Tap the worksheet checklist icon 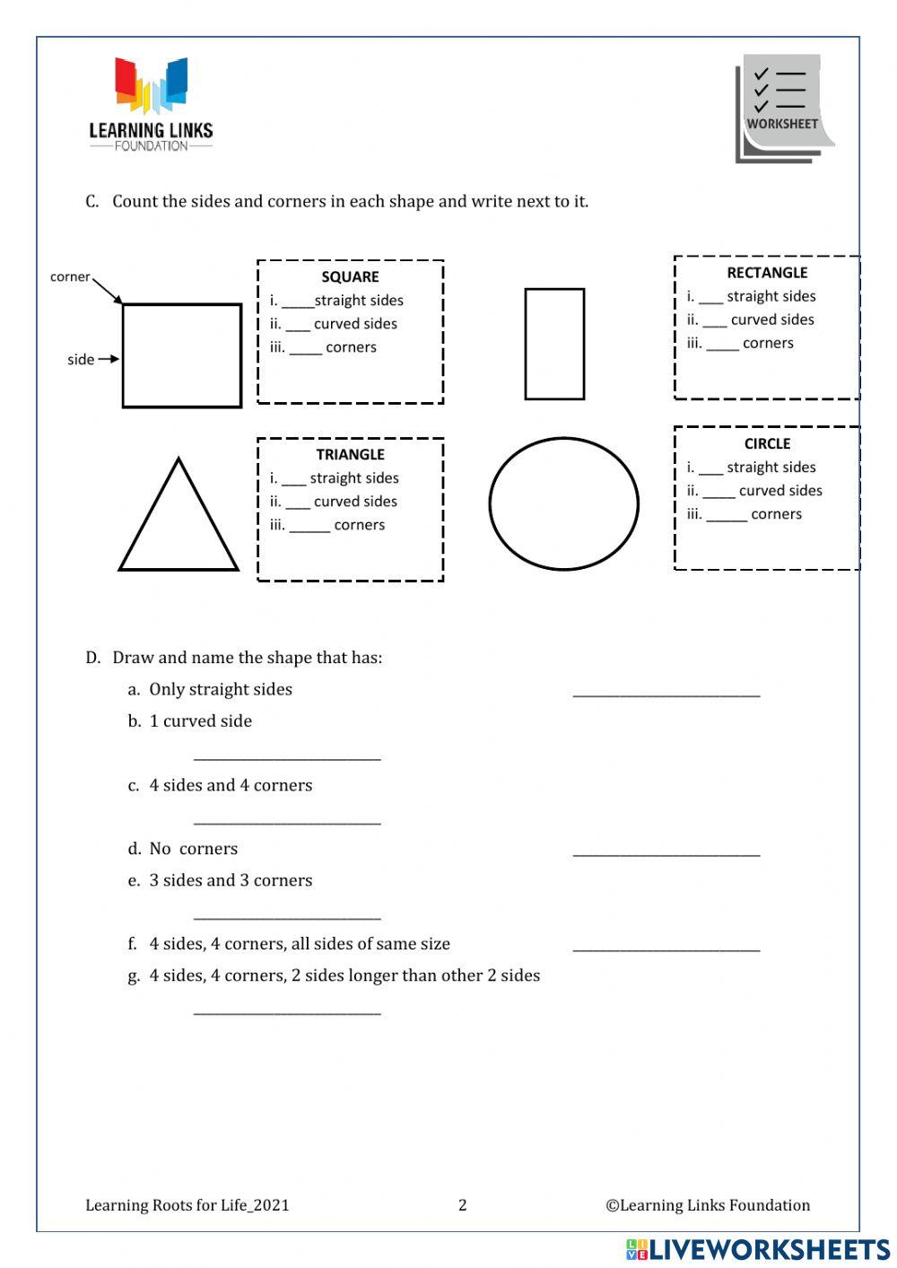782,109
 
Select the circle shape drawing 563,503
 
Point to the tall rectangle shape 554,344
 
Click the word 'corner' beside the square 70,277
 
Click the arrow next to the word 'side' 109,359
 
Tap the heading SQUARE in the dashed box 350,277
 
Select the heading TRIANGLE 350,455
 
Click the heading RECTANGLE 767,273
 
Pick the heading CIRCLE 767,443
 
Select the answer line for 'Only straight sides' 666,693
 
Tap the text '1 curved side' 200,721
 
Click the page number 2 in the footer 463,1205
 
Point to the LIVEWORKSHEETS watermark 758,1249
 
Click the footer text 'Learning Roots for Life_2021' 187,1205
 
